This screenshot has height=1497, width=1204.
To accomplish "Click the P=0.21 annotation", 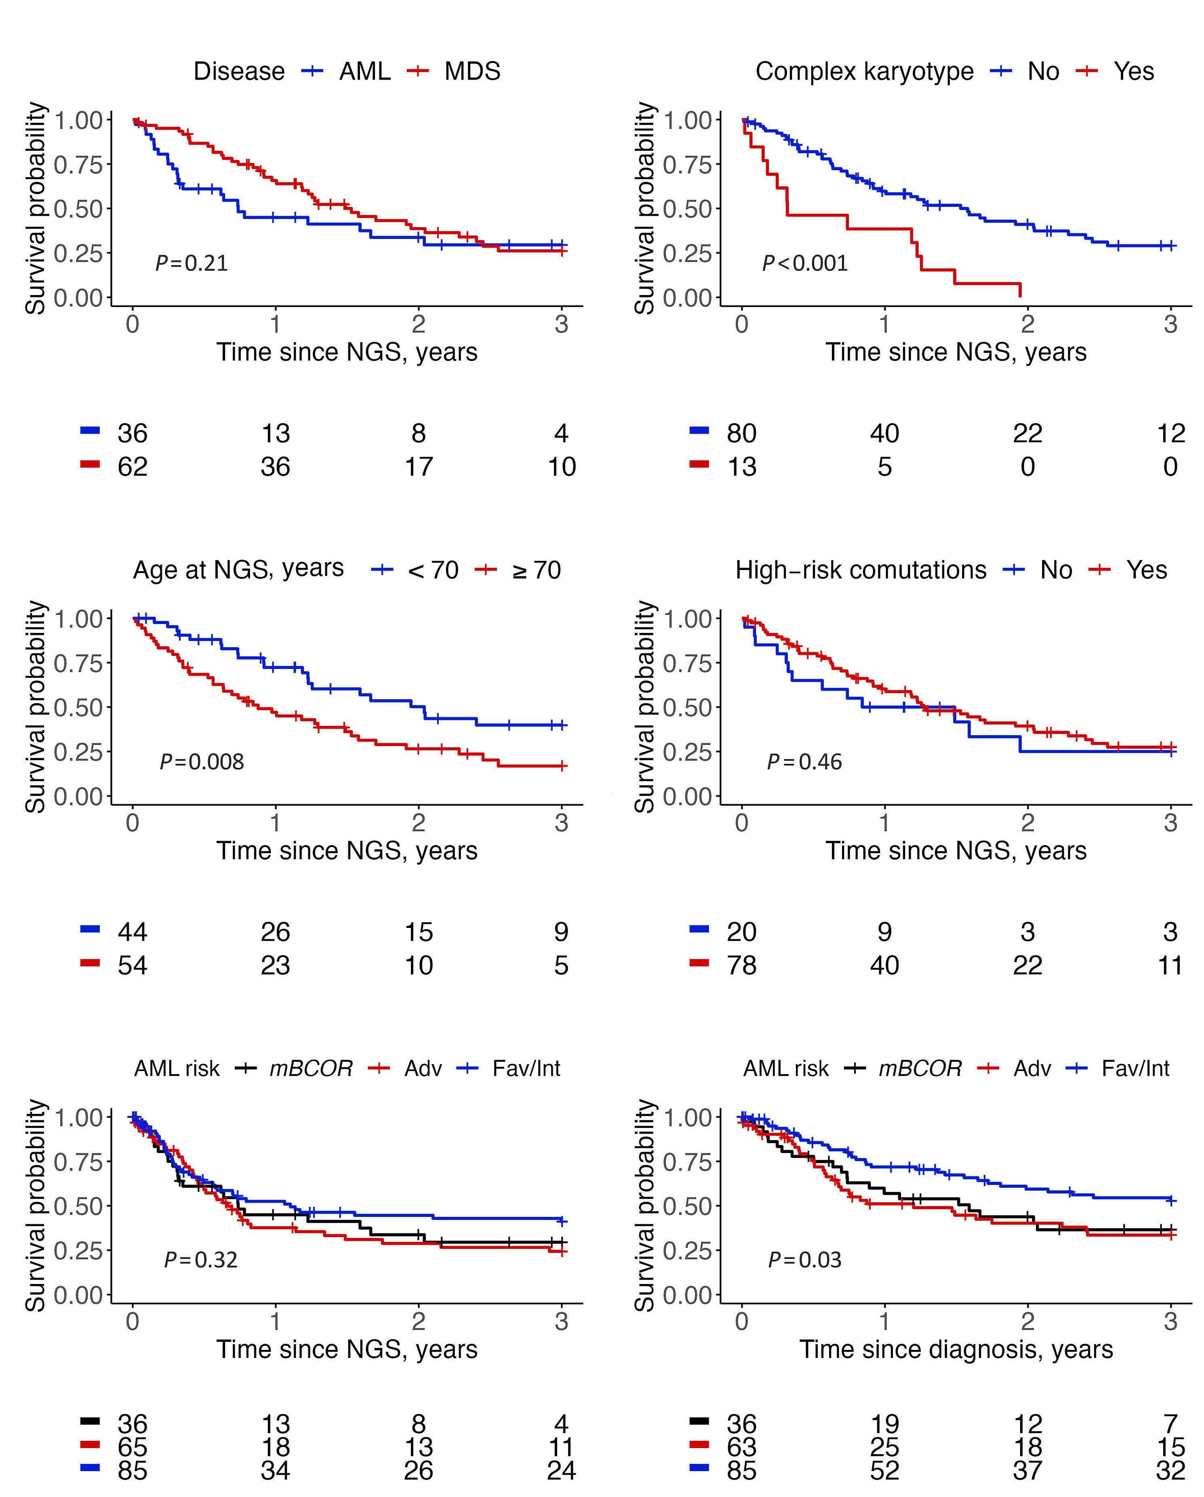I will (x=192, y=263).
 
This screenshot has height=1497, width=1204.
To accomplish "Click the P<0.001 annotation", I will (x=805, y=263).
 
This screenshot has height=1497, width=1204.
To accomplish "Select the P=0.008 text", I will (x=202, y=762).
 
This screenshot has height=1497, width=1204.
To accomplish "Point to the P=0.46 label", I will (x=804, y=762).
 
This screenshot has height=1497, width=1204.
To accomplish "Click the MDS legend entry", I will (x=472, y=72).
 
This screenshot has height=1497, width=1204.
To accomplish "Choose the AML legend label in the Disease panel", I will (x=364, y=72).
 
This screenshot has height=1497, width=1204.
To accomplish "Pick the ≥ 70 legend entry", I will (x=536, y=570).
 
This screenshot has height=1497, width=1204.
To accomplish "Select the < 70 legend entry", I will (x=433, y=570).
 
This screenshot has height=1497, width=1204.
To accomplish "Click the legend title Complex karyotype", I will (x=864, y=72).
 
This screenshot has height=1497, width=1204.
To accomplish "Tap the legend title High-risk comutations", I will (x=861, y=570).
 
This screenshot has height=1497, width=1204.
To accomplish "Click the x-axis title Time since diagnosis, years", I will (x=956, y=1349).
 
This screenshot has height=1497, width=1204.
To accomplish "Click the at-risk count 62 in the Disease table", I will (x=132, y=466).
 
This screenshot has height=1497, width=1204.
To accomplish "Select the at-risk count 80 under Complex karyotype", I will (x=741, y=433).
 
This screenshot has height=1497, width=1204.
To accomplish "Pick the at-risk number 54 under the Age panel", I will (x=132, y=965).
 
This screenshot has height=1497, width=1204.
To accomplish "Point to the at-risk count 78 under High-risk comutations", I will (x=741, y=965).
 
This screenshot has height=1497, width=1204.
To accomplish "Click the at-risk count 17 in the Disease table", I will (x=419, y=466).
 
